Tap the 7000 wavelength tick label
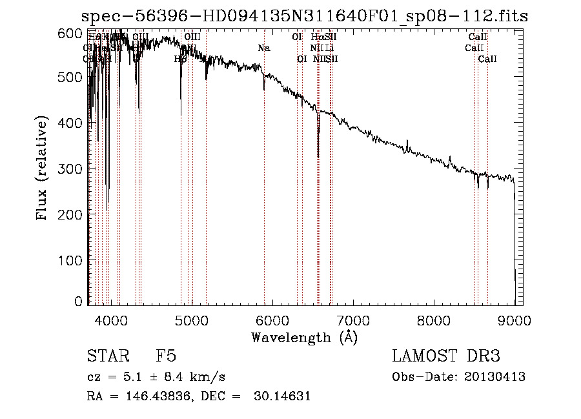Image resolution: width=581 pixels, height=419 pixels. [353, 318]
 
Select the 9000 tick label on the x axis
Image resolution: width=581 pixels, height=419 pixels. [515, 318]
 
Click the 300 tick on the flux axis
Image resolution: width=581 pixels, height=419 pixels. [72, 169]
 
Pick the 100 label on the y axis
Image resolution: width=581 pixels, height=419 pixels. [72, 260]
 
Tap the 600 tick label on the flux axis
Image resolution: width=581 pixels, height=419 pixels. [72, 32]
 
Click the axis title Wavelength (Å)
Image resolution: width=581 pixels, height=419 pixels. [304, 337]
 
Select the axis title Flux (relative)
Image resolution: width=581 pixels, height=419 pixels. [43, 169]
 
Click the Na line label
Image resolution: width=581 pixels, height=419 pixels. [263, 48]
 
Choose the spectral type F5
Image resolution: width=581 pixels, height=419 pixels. [166, 356]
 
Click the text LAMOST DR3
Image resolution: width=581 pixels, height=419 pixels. [446, 356]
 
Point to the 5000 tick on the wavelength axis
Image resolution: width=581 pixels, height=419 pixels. [192, 318]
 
